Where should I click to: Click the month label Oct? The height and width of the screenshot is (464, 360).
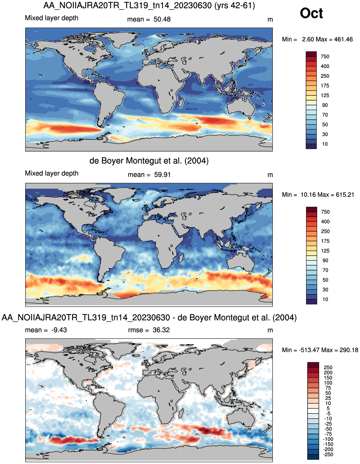[311, 13]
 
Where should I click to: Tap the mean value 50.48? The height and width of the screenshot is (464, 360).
[162, 19]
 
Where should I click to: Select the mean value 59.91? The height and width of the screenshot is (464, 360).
[162, 175]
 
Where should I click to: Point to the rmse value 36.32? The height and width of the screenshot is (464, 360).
[161, 330]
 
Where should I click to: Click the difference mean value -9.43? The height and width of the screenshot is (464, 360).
[59, 330]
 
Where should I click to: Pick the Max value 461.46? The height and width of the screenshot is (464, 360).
[343, 39]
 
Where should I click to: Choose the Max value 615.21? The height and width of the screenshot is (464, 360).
[345, 195]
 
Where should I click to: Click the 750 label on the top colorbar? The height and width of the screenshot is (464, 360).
[325, 56]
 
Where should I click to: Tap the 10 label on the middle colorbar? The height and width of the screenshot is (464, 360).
[325, 299]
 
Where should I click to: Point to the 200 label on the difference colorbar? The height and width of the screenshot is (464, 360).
[328, 373]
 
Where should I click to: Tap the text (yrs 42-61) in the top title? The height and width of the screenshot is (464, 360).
[234, 5]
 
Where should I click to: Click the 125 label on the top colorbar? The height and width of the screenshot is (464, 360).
[325, 95]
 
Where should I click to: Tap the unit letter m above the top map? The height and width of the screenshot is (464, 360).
[270, 20]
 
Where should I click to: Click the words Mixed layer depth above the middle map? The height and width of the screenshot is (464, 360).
[52, 173]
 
